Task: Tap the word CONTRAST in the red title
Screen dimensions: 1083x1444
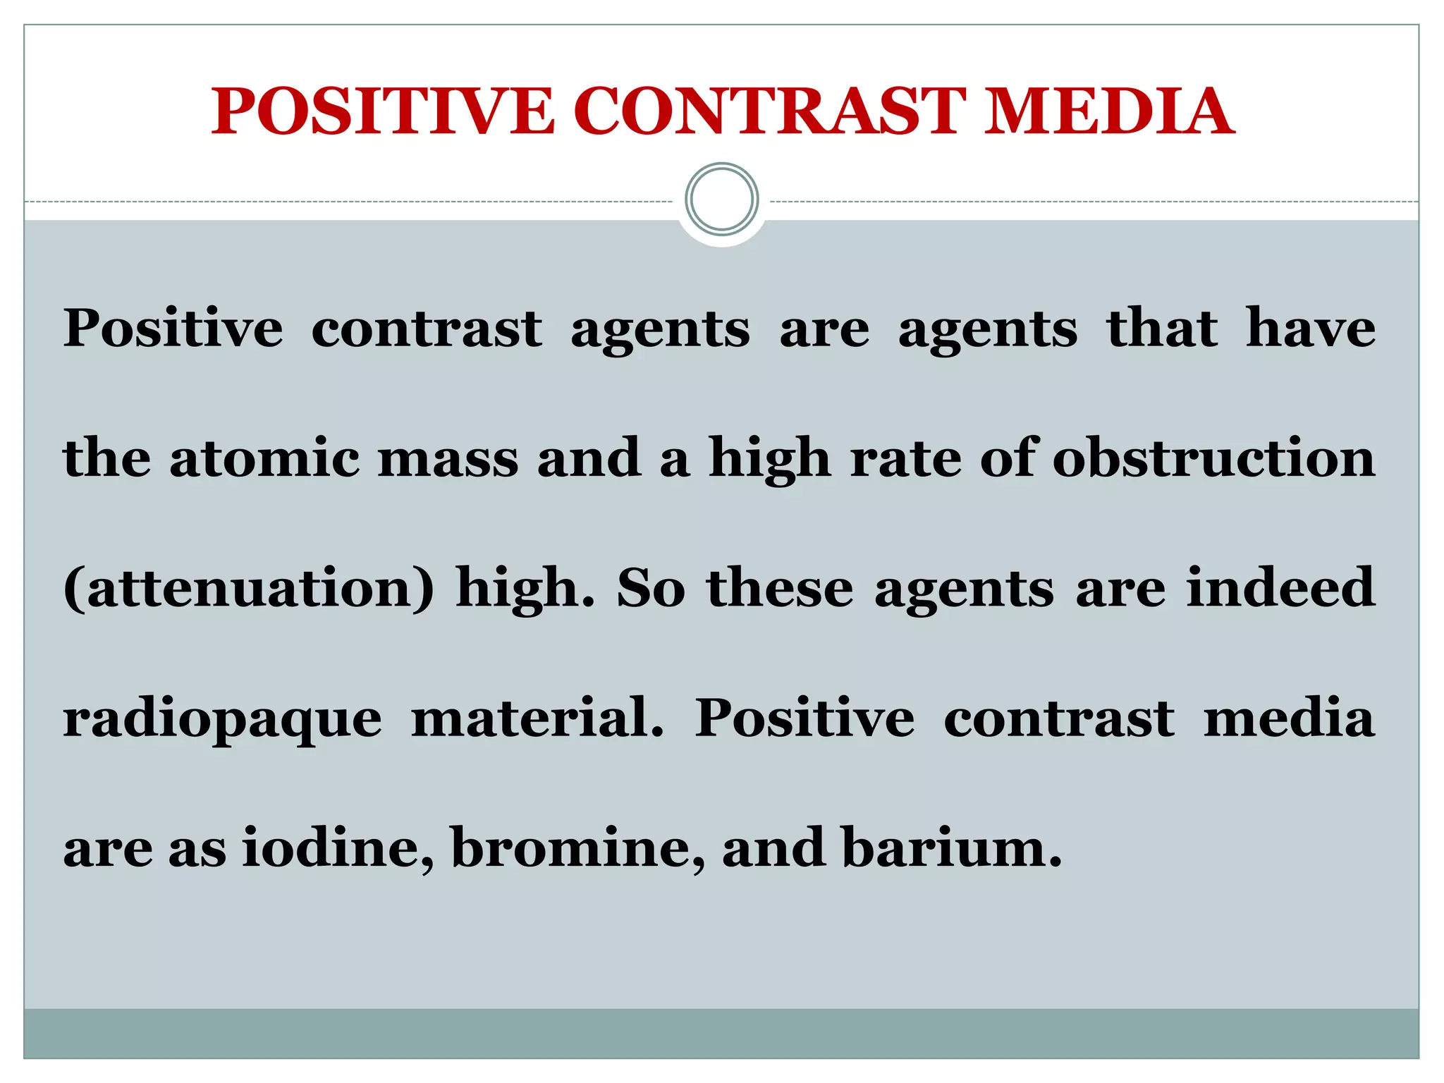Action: [x=769, y=111]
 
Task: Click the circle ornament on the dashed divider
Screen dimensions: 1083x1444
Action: [x=721, y=200]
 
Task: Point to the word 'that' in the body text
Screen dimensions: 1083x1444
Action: [x=1161, y=329]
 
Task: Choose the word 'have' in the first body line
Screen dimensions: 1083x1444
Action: [x=1310, y=329]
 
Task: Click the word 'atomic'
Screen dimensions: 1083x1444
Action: [x=264, y=458]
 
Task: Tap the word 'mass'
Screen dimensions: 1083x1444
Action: [x=448, y=458]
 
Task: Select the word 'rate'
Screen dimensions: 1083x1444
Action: [x=905, y=458]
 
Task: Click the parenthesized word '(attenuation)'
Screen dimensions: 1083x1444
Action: [x=248, y=588]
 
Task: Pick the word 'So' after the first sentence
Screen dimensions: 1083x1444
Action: [x=650, y=588]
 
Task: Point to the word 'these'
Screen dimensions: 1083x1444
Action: [x=780, y=588]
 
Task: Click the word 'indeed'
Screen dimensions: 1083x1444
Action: [x=1280, y=588]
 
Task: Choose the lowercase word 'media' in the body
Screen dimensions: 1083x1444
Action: [x=1289, y=718]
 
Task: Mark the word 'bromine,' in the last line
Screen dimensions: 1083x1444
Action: [x=577, y=848]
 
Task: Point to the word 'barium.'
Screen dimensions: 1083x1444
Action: [x=952, y=848]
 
